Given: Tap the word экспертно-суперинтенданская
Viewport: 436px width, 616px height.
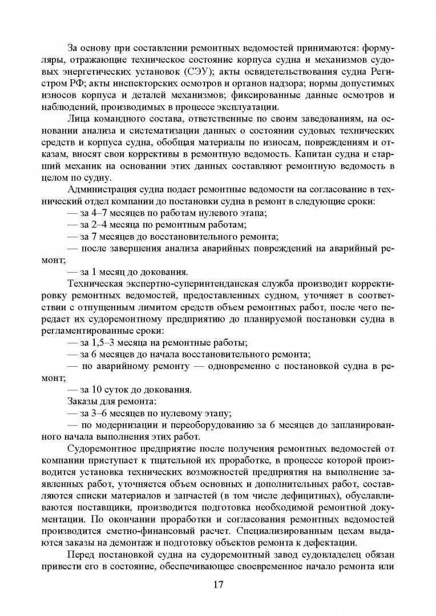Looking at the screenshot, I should (x=183, y=283).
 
